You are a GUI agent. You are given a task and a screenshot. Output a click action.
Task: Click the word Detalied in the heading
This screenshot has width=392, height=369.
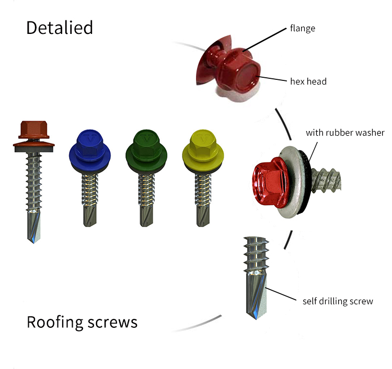tap(60, 28)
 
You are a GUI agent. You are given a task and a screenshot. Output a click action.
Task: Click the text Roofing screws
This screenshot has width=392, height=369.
tap(82, 323)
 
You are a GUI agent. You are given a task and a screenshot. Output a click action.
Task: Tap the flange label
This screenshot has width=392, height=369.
tap(303, 28)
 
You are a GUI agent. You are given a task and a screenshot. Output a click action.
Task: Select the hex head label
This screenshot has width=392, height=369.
tap(308, 81)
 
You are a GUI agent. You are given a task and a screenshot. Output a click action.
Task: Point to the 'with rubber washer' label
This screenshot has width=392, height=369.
tap(345, 133)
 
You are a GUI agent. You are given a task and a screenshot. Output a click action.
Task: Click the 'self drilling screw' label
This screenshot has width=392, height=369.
tap(338, 301)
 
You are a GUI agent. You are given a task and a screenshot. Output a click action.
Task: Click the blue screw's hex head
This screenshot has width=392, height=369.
tap(90, 144)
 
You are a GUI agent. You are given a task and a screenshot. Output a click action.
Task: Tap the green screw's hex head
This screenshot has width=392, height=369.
tap(146, 144)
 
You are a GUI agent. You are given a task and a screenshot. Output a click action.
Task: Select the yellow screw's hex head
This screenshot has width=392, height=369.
tap(203, 144)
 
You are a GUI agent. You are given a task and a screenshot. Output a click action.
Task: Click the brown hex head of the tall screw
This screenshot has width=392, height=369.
tap(34, 129)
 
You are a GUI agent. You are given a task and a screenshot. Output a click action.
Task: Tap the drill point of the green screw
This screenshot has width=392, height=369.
tap(146, 216)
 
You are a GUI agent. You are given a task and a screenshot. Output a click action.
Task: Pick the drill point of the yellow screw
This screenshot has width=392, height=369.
tap(203, 216)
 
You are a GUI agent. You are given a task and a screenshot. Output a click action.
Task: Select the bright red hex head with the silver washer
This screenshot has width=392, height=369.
tap(270, 183)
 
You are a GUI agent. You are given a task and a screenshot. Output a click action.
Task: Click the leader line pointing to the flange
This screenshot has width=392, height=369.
tap(264, 40)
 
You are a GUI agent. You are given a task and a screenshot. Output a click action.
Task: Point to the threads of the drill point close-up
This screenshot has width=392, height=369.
tap(256, 254)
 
